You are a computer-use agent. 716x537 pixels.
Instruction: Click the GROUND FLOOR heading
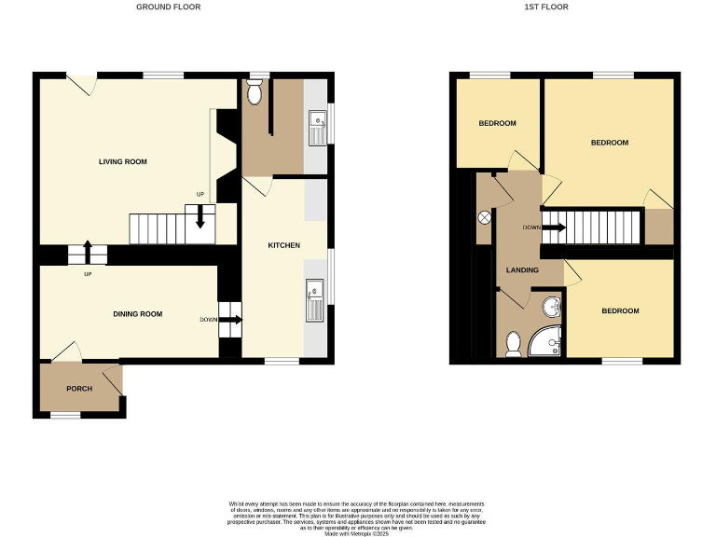[x=168, y=7]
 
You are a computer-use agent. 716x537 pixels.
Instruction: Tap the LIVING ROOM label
[x=123, y=162]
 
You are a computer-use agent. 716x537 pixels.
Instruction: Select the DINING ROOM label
[x=138, y=314]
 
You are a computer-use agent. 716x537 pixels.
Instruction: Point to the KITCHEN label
[x=283, y=245]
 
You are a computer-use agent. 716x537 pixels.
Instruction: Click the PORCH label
[x=79, y=388]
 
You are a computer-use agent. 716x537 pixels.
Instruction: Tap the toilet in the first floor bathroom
[x=513, y=345]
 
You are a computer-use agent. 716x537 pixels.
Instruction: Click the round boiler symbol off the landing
[x=485, y=217]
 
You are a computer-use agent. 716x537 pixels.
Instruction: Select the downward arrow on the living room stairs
[x=200, y=218]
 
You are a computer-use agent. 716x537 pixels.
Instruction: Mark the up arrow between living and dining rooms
[x=88, y=251]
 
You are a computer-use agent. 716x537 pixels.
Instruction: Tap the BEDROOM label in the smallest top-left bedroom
[x=497, y=123]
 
